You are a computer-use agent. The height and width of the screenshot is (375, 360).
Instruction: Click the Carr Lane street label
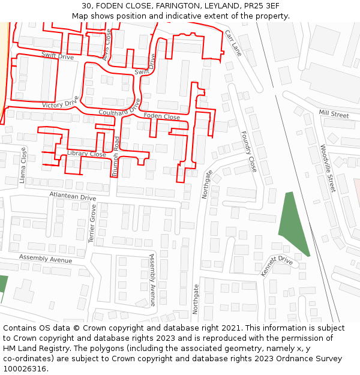(x=233, y=43)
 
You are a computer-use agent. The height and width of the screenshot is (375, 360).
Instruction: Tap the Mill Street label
(x=334, y=114)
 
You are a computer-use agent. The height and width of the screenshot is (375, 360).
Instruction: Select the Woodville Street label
(x=326, y=168)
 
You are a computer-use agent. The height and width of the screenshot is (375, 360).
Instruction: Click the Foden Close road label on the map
(x=161, y=116)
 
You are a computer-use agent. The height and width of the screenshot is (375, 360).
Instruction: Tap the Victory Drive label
(x=60, y=103)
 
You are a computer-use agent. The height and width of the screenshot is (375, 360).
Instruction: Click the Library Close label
(x=86, y=154)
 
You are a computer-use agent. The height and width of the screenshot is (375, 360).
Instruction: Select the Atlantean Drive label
(x=73, y=196)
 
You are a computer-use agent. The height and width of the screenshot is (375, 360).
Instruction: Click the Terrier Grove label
(x=92, y=223)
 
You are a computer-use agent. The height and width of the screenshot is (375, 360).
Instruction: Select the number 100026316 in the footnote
(x=25, y=368)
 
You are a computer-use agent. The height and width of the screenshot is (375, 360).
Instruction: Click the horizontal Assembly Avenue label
(x=46, y=259)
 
